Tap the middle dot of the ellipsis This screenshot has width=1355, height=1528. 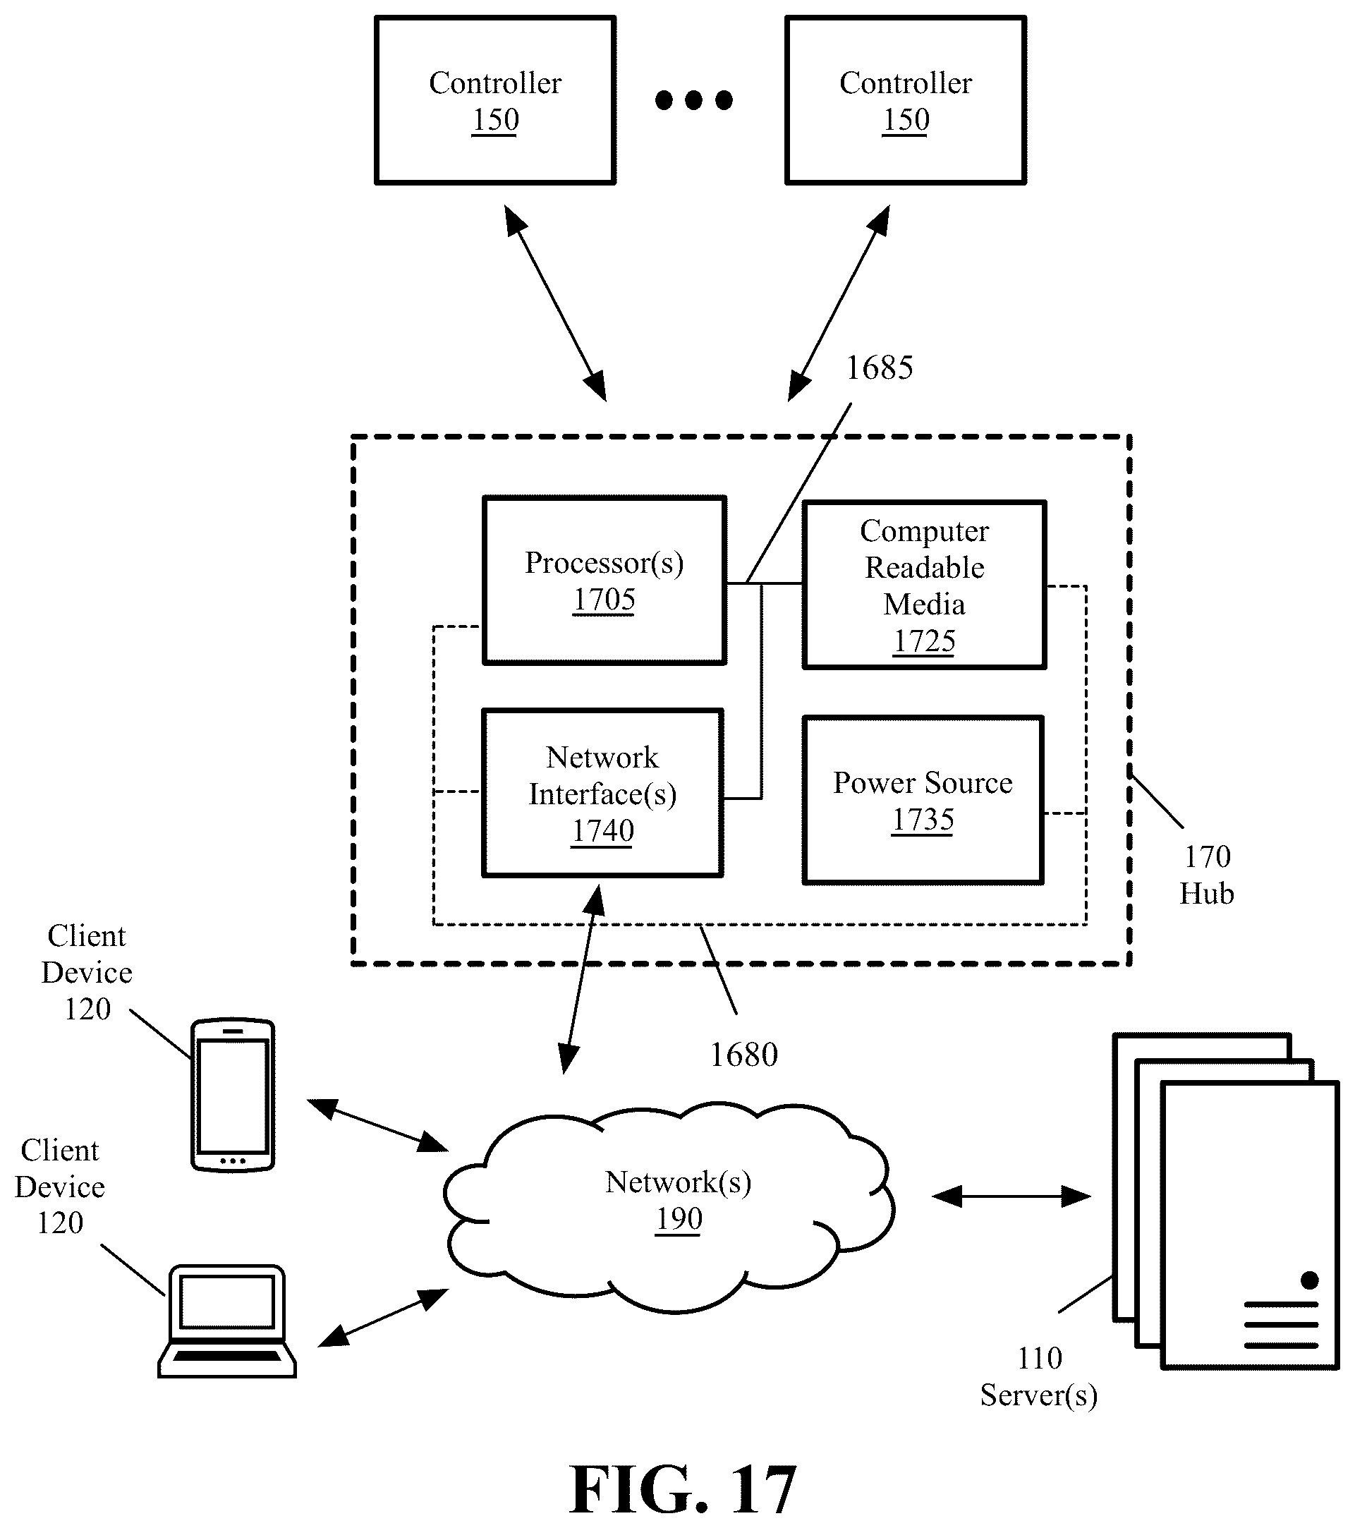693,100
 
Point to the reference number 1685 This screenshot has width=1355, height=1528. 879,368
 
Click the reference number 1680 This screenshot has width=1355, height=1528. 743,1055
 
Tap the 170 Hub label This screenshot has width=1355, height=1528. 1206,875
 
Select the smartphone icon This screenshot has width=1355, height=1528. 233,1094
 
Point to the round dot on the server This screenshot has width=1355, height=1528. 1309,1280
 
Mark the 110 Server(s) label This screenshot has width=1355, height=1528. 1039,1377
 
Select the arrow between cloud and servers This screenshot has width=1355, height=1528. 1011,1197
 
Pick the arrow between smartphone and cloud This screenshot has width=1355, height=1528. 377,1125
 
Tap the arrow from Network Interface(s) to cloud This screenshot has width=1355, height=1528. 582,979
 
